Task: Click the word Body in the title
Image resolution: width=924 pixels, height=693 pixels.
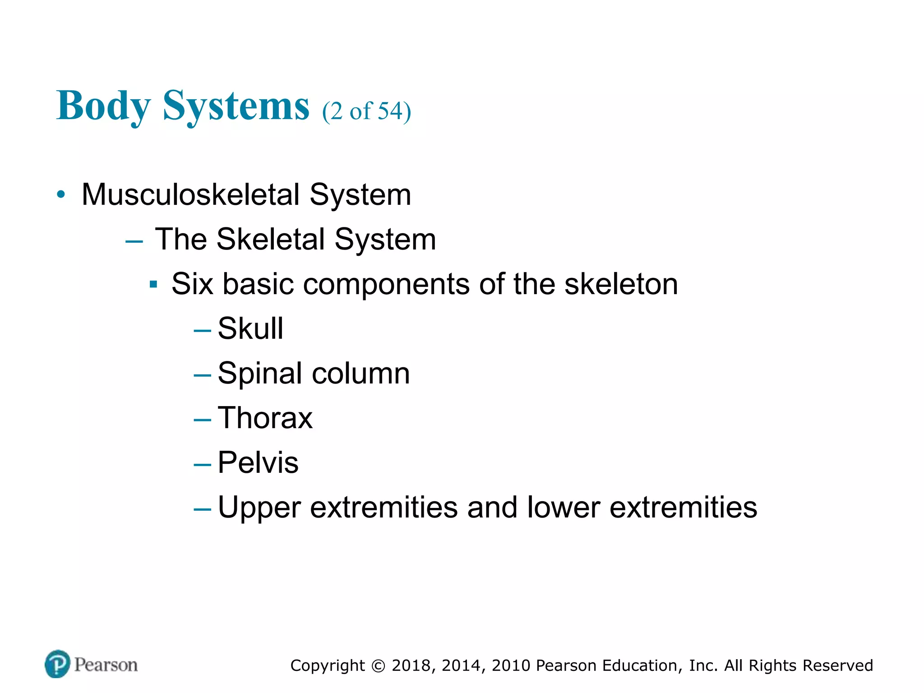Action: point(103,106)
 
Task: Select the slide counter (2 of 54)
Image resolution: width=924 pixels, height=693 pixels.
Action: point(366,111)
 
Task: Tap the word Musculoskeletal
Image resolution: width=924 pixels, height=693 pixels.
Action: point(190,195)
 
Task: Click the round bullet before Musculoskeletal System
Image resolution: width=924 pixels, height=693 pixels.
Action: point(61,195)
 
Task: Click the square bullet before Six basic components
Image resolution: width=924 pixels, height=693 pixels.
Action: point(153,285)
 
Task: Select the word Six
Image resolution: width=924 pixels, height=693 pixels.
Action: point(192,284)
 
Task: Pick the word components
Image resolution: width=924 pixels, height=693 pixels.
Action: point(386,284)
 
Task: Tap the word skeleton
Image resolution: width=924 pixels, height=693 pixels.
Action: point(621,284)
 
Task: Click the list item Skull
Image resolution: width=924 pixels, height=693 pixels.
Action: point(250,328)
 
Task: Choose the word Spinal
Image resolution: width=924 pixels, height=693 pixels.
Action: point(259,374)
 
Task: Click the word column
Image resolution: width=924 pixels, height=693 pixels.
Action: point(361,374)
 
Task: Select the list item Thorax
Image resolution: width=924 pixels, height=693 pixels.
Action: point(265,418)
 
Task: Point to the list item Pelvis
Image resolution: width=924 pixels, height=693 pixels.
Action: point(258,462)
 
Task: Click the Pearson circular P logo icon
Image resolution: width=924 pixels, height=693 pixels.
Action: point(58,664)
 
